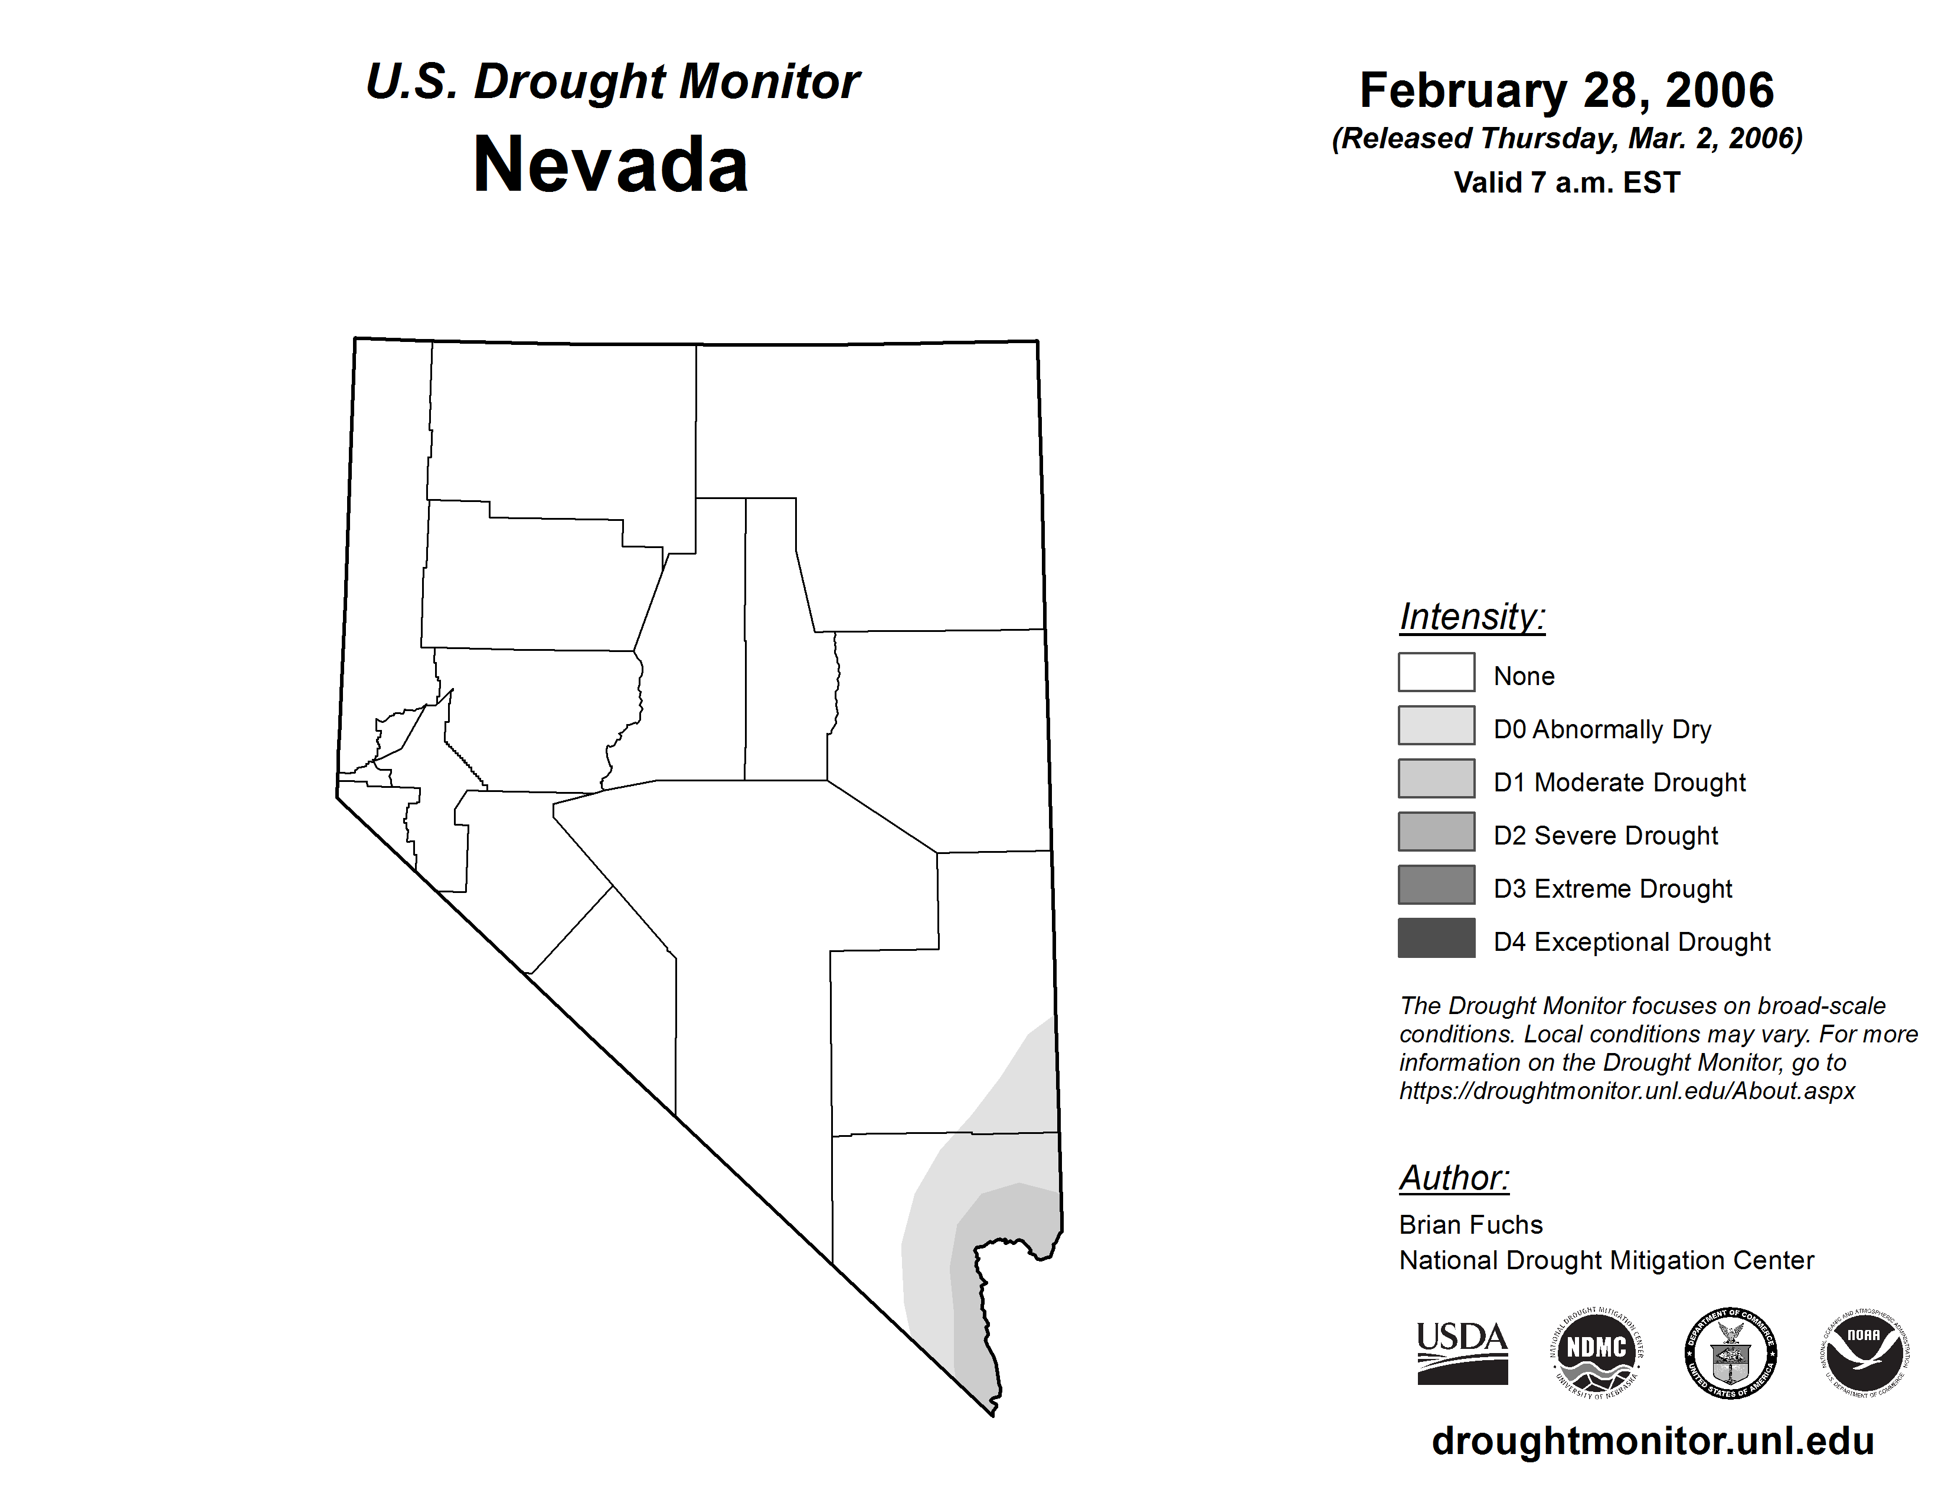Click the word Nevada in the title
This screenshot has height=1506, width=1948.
coord(610,165)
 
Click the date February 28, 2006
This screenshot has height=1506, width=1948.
coord(1566,90)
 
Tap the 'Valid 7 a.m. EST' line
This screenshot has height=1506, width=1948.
coord(1566,183)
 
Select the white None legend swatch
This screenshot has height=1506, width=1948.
coord(1436,673)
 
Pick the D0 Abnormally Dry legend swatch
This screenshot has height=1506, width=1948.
coord(1436,725)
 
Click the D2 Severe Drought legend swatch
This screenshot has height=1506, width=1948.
coord(1436,832)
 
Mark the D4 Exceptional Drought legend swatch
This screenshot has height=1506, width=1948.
coord(1436,938)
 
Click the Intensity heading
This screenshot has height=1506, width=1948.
coord(1472,617)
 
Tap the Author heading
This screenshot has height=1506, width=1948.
coord(1454,1178)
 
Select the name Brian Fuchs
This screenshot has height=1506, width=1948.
coord(1471,1225)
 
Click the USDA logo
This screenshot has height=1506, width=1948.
coord(1462,1352)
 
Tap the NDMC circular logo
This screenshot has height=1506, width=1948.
coord(1597,1352)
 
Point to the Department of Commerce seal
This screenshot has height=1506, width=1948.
coord(1730,1352)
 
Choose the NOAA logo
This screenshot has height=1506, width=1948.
coord(1864,1352)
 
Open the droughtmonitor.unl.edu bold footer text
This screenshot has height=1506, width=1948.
coord(1653,1441)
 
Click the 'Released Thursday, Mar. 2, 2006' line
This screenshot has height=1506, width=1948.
coord(1566,138)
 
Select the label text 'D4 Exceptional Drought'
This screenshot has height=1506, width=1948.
coord(1632,942)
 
